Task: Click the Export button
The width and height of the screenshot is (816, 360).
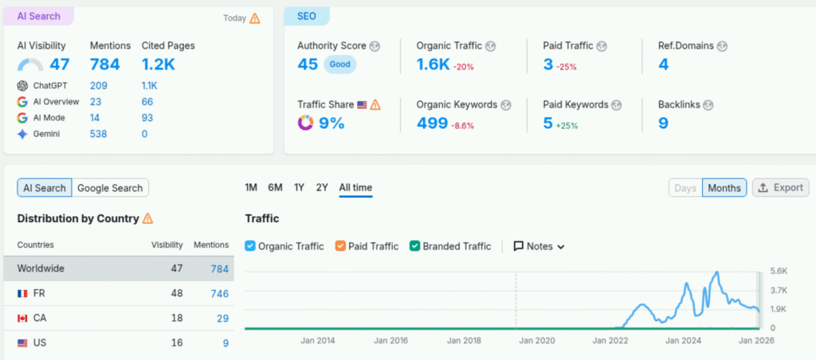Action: click(780, 188)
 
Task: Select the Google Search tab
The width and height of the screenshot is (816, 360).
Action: click(110, 188)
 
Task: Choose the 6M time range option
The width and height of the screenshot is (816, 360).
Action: click(275, 187)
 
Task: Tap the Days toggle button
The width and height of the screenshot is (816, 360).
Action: click(685, 188)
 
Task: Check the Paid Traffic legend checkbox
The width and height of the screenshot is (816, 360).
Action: click(341, 246)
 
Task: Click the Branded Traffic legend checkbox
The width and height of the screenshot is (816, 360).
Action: click(414, 246)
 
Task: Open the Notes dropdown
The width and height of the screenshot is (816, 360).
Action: click(539, 246)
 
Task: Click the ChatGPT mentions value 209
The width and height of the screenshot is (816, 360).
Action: click(99, 85)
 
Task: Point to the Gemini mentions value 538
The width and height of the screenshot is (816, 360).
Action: click(99, 134)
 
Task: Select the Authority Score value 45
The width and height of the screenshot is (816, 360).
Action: click(308, 65)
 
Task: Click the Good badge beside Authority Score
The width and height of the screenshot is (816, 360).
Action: click(339, 65)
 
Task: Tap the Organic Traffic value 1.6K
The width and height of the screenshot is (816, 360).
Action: click(433, 65)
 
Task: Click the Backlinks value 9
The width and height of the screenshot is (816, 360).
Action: click(663, 123)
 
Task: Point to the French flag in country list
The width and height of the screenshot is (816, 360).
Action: click(22, 294)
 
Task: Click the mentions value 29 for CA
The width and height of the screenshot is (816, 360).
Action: click(222, 319)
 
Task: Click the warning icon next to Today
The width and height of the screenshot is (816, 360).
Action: click(255, 18)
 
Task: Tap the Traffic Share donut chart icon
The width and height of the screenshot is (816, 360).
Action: click(305, 123)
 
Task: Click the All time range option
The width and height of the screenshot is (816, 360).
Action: click(355, 187)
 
